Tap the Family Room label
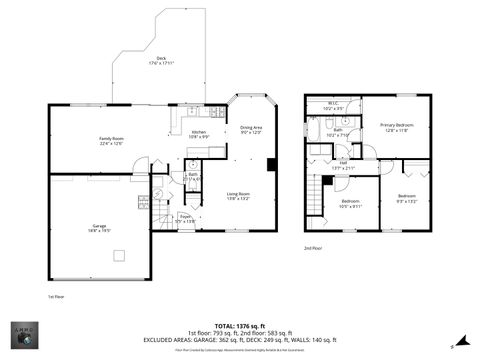111,140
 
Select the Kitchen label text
198,133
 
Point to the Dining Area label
251,129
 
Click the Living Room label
238,196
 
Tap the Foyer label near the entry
185,218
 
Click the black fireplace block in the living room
270,164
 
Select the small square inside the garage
119,255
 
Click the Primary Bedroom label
397,127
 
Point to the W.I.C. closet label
334,106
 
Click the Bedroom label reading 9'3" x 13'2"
406,197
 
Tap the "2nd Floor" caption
313,247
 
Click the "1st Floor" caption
55,297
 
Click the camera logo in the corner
24,337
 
